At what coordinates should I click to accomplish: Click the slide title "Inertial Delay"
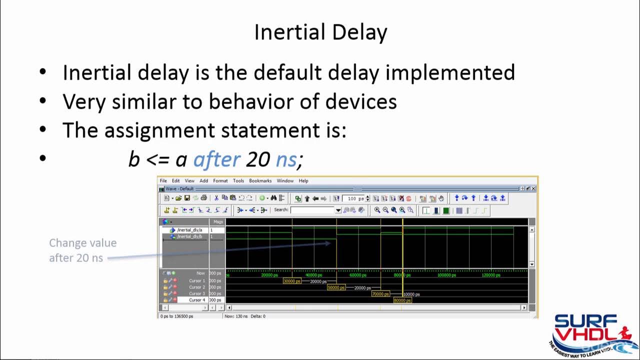click(x=320, y=32)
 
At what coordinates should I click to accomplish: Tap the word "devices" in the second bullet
click(x=361, y=101)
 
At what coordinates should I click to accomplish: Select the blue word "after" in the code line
click(x=216, y=159)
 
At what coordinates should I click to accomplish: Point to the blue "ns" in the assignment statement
click(x=286, y=159)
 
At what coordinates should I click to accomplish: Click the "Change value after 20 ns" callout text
click(x=82, y=250)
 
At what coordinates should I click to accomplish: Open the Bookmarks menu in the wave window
click(x=260, y=181)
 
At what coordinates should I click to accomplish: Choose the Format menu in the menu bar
click(x=220, y=181)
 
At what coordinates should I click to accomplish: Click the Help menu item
click(x=303, y=181)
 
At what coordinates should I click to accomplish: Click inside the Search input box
click(x=312, y=210)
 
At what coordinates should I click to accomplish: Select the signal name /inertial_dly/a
click(x=189, y=230)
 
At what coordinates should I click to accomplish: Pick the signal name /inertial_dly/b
click(x=189, y=236)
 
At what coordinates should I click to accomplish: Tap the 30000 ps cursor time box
click(x=292, y=281)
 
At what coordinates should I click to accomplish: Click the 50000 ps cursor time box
click(x=336, y=287)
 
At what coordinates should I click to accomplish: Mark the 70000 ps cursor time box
click(x=380, y=294)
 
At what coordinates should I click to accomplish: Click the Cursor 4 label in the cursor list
click(x=197, y=300)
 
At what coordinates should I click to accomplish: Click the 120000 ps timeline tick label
click(x=490, y=275)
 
